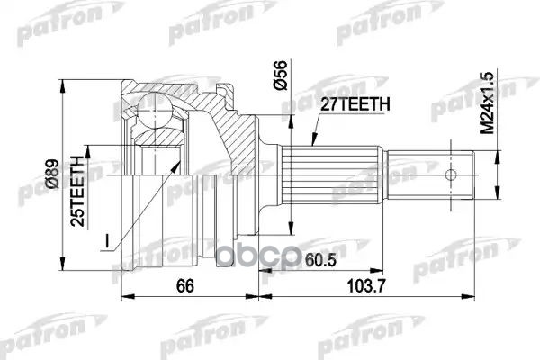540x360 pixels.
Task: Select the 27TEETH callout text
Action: (x=355, y=104)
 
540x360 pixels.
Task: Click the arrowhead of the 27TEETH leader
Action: (x=310, y=143)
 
